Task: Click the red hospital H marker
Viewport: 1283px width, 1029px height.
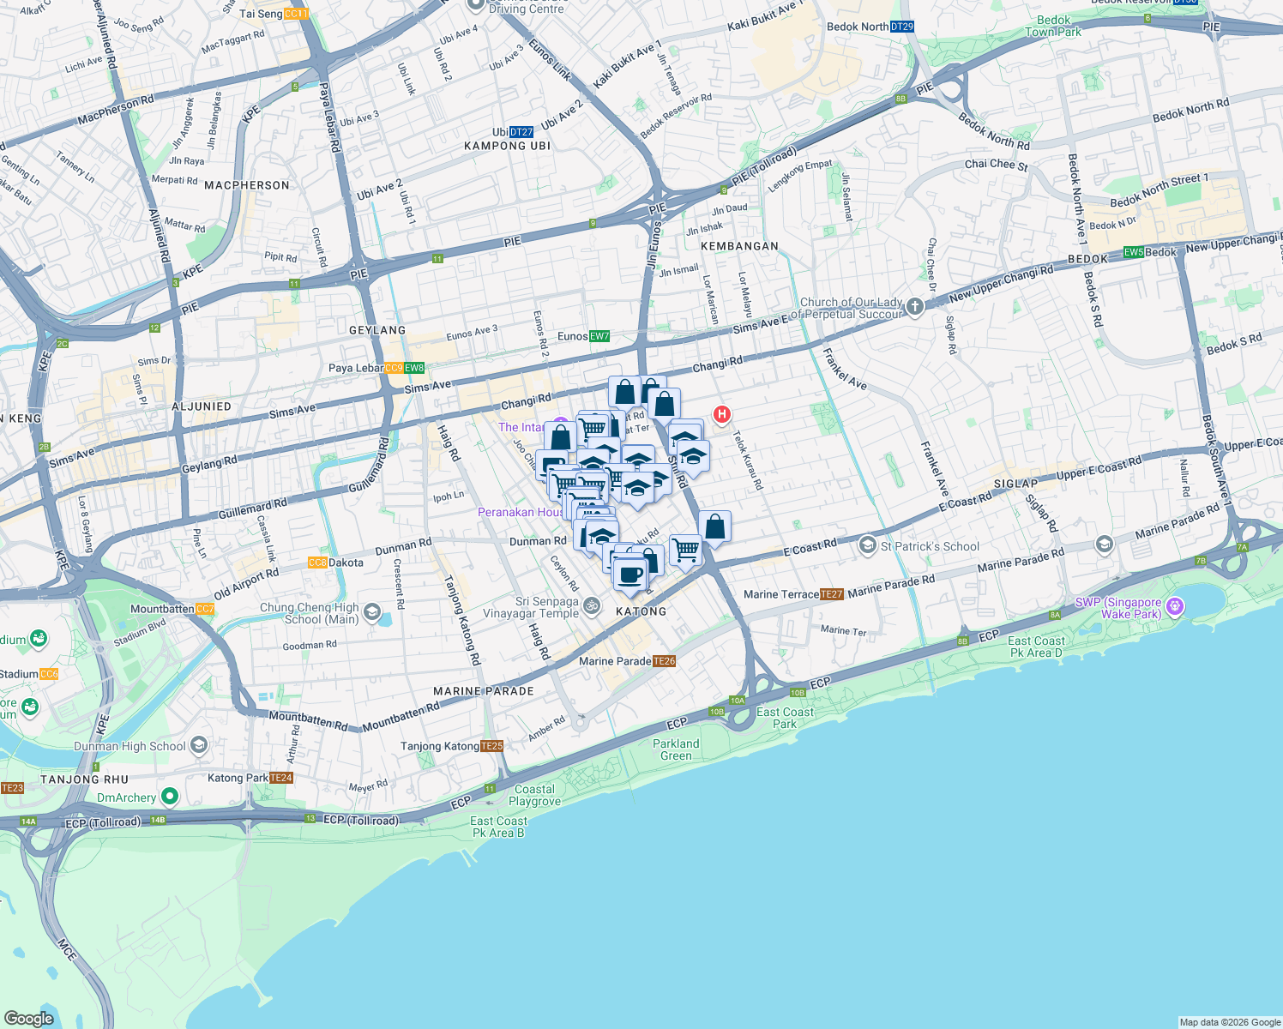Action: click(722, 415)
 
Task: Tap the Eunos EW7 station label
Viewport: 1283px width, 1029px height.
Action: click(583, 336)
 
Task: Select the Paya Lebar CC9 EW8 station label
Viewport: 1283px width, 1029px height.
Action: click(376, 368)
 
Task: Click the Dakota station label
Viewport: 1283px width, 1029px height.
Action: click(336, 563)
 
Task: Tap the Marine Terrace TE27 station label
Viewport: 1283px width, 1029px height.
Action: click(793, 594)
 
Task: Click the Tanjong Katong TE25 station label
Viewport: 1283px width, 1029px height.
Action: click(452, 746)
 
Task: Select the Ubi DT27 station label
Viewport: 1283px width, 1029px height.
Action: click(513, 132)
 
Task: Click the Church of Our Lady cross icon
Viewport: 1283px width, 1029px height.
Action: click(915, 306)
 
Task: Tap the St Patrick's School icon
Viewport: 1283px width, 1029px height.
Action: click(868, 545)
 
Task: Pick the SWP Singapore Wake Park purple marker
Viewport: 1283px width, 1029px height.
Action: click(1175, 607)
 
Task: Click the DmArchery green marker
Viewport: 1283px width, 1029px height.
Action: click(170, 797)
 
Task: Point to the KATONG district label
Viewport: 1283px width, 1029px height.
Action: click(641, 611)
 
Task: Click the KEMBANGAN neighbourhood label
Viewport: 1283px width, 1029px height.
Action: click(739, 246)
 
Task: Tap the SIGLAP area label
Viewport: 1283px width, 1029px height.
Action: click(1015, 484)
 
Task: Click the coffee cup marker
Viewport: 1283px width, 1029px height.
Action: click(629, 574)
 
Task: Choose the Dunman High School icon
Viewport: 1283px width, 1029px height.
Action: click(199, 745)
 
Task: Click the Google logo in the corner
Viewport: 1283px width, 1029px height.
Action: click(28, 1018)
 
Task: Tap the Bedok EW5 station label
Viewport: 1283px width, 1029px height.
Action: click(1150, 252)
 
